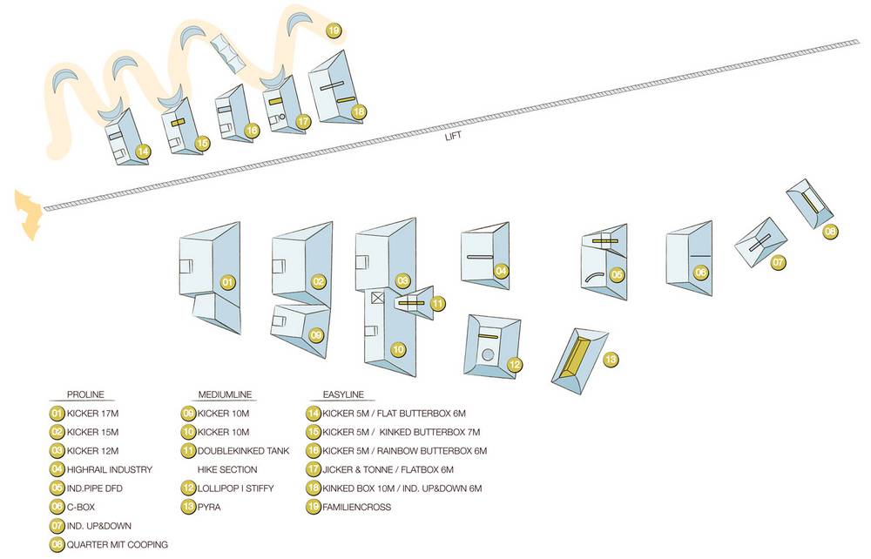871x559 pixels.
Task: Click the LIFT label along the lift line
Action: [x=451, y=136]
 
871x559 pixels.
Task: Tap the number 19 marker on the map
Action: [x=334, y=31]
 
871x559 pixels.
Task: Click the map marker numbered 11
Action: [x=437, y=303]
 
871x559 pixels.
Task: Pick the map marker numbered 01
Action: [x=227, y=282]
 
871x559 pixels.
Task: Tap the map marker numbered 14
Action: [x=144, y=152]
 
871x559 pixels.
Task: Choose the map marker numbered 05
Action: [x=617, y=274]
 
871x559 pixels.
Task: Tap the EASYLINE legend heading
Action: [x=342, y=394]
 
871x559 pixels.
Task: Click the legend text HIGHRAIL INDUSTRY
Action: [x=109, y=469]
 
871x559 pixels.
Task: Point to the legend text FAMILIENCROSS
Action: [x=357, y=507]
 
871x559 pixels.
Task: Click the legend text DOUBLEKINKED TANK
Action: [x=243, y=451]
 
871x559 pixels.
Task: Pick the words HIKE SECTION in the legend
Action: [x=227, y=469]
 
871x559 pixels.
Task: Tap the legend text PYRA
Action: [x=211, y=507]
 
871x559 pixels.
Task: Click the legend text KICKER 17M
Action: [x=91, y=414]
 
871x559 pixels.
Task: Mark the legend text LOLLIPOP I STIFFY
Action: [x=236, y=488]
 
